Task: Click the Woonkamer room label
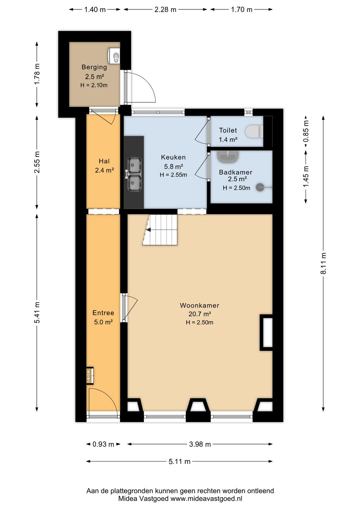coord(199,306)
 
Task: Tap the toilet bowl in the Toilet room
coord(254,131)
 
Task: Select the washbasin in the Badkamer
coord(228,156)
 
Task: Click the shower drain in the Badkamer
coord(260,187)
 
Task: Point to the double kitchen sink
coord(134,174)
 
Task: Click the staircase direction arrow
coord(148,230)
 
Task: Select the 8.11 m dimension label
coord(323,264)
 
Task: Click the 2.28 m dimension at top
coord(165,10)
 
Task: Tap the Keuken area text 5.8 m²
coord(174,166)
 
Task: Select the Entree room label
coord(103,313)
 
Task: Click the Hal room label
coord(104,161)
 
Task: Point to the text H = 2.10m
coord(94,85)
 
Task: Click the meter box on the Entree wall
coord(90,375)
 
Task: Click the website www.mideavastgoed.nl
coord(206,499)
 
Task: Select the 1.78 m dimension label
coord(37,74)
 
